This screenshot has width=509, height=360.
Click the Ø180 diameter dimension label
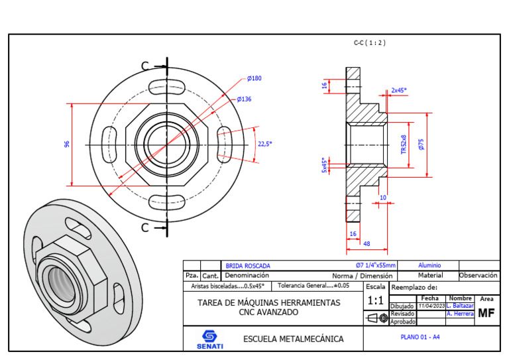(x=254, y=78)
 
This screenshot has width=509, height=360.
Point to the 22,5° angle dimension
(x=264, y=143)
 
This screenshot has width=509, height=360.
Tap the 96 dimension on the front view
(x=67, y=144)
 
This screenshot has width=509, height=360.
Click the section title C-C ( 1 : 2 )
(x=369, y=42)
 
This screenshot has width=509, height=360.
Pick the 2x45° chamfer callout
(x=398, y=90)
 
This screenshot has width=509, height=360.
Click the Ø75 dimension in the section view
(x=422, y=144)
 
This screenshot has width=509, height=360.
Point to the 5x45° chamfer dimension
(x=324, y=164)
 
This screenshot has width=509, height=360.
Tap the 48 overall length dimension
(x=366, y=244)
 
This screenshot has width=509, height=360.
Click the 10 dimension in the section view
(x=383, y=198)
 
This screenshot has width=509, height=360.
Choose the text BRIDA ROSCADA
(x=248, y=266)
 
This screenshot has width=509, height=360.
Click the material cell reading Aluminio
(x=429, y=265)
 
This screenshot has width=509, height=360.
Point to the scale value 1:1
(x=375, y=301)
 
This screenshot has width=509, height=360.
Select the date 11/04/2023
(x=431, y=306)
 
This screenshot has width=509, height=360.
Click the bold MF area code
(x=486, y=313)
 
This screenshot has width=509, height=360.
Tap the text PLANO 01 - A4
(x=420, y=337)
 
